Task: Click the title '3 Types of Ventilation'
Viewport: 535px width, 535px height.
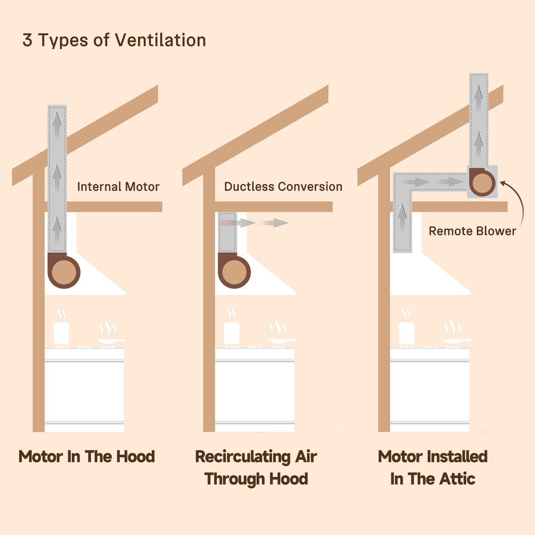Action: (x=114, y=40)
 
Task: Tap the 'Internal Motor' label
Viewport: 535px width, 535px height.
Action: (x=118, y=186)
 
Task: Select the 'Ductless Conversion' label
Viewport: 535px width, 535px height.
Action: (x=283, y=186)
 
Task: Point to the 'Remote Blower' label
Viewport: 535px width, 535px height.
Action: (x=472, y=231)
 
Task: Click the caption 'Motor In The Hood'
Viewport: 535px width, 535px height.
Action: (x=87, y=457)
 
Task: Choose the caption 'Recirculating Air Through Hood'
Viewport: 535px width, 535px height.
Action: (x=256, y=468)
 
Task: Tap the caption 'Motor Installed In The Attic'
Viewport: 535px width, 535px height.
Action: (x=433, y=468)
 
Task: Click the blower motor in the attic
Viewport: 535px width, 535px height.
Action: (x=482, y=182)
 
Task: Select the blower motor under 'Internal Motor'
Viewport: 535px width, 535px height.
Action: (x=64, y=271)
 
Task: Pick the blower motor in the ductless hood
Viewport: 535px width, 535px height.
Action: (x=234, y=271)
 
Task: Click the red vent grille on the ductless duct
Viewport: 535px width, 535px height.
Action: (x=227, y=223)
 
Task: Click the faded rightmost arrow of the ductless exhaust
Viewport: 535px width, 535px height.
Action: (x=274, y=223)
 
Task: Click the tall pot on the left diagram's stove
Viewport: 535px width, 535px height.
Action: (x=61, y=333)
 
